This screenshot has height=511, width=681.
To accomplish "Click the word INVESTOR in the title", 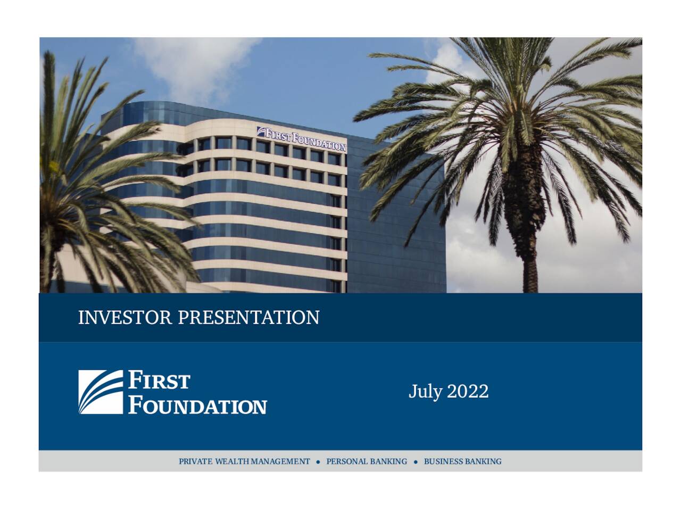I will point(125,318).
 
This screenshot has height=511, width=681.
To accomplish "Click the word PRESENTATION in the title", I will point(248,318).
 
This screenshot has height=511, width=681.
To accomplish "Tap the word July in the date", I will point(425,392).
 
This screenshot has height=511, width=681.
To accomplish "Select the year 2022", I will point(468,391).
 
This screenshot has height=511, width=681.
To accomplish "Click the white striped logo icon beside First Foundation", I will point(101,392).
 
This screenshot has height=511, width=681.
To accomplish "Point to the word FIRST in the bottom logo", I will point(159,382).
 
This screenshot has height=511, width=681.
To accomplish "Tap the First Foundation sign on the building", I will point(302,138).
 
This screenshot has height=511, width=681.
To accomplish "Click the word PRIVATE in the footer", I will point(195,461).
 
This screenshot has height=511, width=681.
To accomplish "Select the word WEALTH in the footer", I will point(232,461).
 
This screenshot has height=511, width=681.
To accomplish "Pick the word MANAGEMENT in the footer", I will point(280,461).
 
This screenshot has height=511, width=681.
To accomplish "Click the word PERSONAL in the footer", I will point(347,461).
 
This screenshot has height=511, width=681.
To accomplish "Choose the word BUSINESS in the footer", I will point(443,461).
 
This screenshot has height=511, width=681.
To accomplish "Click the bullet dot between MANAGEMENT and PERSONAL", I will point(318,461).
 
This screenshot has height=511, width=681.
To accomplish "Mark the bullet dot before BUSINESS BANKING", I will point(416,461).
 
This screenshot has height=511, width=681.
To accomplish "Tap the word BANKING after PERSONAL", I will point(388,461).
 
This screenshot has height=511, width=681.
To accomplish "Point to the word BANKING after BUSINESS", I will point(483,461).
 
